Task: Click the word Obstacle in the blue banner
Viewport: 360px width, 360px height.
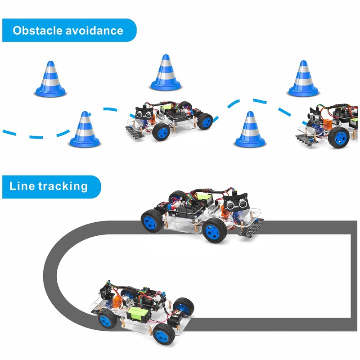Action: click(x=37, y=31)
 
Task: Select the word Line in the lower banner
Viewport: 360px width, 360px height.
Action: click(x=22, y=186)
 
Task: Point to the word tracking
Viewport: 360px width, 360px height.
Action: click(x=63, y=186)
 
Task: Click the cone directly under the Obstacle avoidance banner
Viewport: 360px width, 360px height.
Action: click(x=50, y=79)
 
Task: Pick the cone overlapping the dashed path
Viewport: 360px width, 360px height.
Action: click(x=85, y=129)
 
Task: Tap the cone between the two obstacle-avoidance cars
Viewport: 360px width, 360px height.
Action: click(x=250, y=129)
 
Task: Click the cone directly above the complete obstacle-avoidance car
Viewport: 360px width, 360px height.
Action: click(x=166, y=72)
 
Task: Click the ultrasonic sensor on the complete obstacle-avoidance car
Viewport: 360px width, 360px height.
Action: click(x=144, y=113)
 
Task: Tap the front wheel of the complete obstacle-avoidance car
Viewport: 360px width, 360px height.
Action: click(x=162, y=132)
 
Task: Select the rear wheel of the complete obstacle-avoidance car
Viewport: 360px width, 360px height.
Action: click(x=205, y=121)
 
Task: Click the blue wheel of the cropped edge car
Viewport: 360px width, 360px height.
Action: click(x=339, y=137)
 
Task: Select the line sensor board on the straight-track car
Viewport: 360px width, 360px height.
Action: click(x=251, y=228)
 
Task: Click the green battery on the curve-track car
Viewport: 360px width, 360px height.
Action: click(x=138, y=313)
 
